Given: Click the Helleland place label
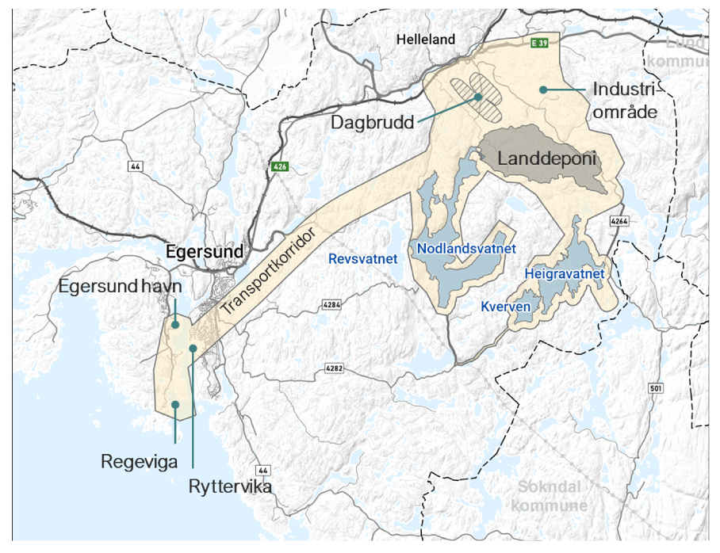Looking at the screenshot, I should pyautogui.click(x=426, y=39).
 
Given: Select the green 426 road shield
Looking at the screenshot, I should pyautogui.click(x=278, y=166).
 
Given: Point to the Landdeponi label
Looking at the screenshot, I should pyautogui.click(x=546, y=158).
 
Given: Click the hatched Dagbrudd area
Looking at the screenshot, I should pyautogui.click(x=477, y=97).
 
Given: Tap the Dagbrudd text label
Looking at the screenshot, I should pyautogui.click(x=373, y=123).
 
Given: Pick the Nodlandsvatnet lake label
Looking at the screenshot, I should pyautogui.click(x=466, y=249).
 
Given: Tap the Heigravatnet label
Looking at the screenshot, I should pyautogui.click(x=565, y=274).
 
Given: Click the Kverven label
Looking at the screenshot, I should pyautogui.click(x=505, y=305).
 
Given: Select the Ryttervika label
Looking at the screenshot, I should pyautogui.click(x=231, y=486).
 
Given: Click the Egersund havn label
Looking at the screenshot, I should pyautogui.click(x=121, y=286).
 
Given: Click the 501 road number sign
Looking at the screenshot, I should pyautogui.click(x=655, y=389).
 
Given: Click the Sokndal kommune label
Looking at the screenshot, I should pyautogui.click(x=550, y=495).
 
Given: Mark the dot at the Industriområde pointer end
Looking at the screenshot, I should pyautogui.click(x=543, y=90).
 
